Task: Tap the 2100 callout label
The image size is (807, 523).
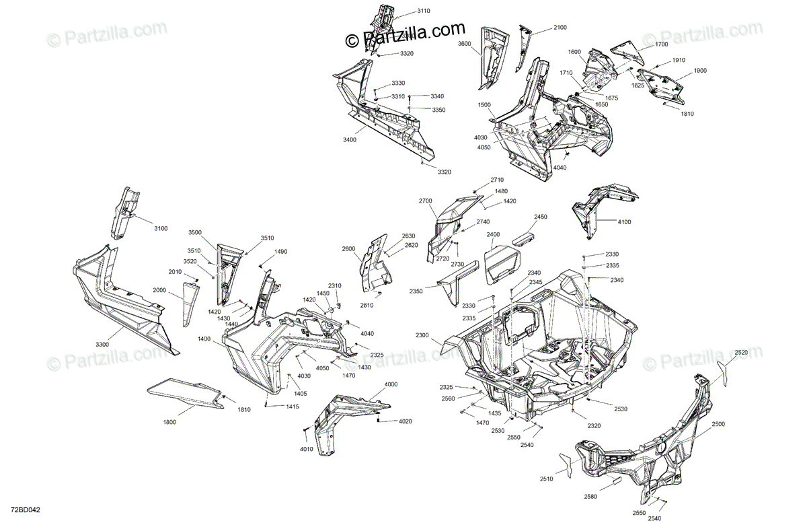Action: [x=560, y=27]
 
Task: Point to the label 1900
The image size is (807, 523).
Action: [x=700, y=71]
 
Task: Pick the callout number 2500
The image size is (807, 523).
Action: [x=718, y=424]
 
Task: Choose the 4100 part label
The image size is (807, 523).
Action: [x=624, y=221]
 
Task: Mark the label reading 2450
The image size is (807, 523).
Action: [x=541, y=217]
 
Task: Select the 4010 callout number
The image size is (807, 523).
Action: [x=307, y=450]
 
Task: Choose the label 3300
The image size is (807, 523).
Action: [x=102, y=344]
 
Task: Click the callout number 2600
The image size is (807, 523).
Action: [x=348, y=249]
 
